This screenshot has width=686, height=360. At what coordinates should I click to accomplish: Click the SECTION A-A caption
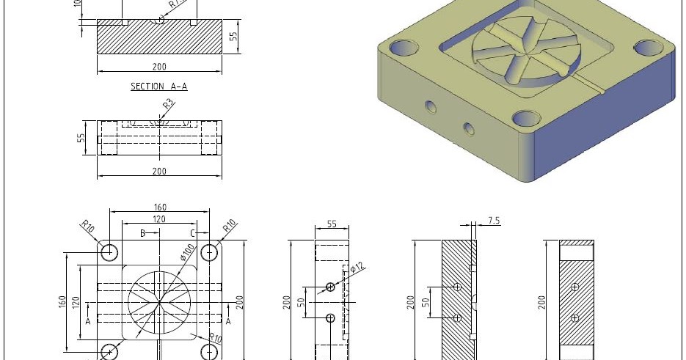pos(158,87)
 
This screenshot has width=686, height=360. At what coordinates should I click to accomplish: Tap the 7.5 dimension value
pos(494,221)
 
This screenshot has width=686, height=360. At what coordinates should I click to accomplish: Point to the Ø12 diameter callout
pos(357,269)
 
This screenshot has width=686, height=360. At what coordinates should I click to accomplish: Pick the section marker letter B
pos(142,233)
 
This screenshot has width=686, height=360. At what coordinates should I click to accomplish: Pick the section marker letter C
pos(191,233)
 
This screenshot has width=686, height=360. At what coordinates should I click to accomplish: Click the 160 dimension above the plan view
pos(159,207)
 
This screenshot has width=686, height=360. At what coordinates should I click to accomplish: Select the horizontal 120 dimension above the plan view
pos(159,219)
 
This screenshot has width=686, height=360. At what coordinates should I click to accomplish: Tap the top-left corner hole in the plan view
pos(109,252)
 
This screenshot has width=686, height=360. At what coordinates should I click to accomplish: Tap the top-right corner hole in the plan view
pos(210,252)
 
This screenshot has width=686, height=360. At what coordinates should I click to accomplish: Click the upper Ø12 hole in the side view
pos(330,287)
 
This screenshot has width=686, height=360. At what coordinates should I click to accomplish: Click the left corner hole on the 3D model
pos(402,49)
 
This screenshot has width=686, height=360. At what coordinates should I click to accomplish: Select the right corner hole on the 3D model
pos(648,48)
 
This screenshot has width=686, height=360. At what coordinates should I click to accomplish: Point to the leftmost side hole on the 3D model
pos(431,108)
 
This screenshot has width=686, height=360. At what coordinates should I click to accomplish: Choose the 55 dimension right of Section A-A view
pos(234,36)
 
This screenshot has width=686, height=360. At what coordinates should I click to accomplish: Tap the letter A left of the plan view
pos(88,321)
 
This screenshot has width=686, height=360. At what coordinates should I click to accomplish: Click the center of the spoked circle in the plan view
pos(159,301)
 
